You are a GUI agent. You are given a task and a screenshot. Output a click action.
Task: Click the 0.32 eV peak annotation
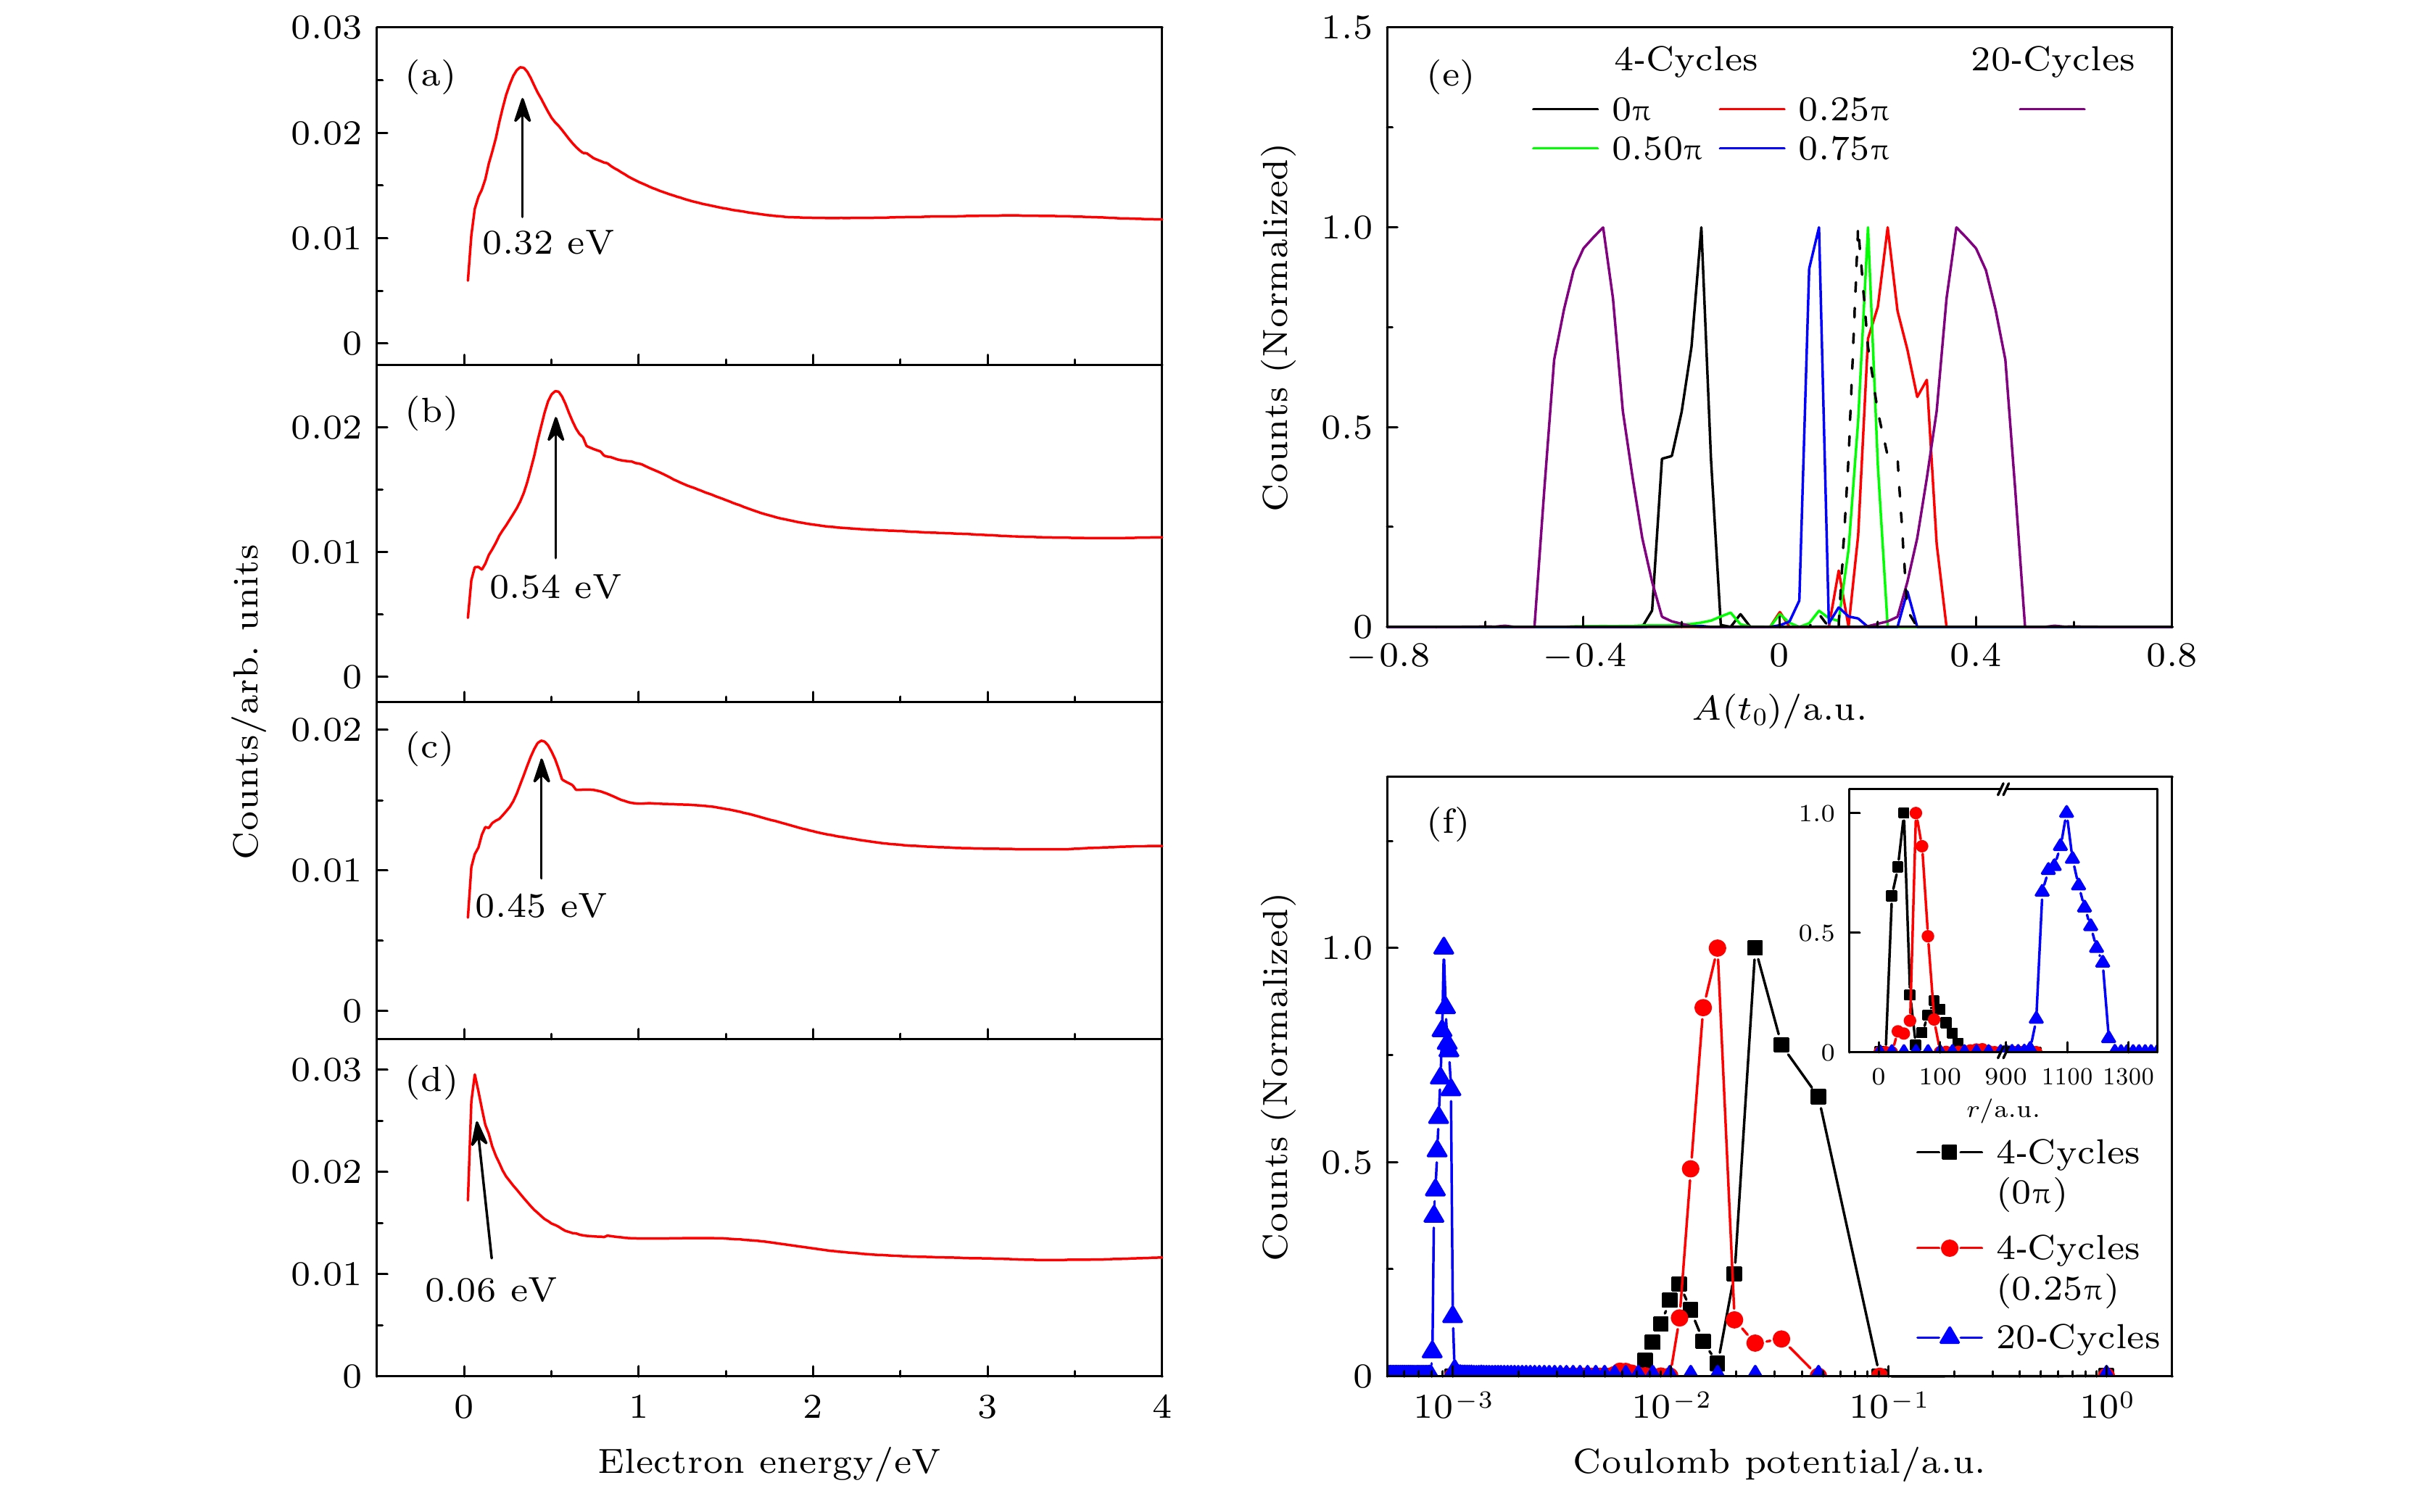click(x=547, y=243)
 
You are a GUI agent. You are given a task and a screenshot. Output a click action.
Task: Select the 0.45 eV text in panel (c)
click(x=540, y=906)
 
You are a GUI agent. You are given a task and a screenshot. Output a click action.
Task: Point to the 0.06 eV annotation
click(x=490, y=1289)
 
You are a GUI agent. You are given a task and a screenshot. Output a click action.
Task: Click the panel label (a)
click(x=430, y=76)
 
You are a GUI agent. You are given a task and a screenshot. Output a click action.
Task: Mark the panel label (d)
click(x=431, y=1081)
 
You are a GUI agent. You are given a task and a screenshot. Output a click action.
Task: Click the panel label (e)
click(x=1449, y=76)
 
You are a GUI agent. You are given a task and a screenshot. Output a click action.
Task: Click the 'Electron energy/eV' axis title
click(x=769, y=1461)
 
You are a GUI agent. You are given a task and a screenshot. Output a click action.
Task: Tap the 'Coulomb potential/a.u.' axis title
click(x=1778, y=1461)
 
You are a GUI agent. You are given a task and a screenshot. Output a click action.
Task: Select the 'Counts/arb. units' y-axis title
click(x=246, y=700)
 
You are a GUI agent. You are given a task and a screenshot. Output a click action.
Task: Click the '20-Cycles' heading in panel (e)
click(x=2052, y=60)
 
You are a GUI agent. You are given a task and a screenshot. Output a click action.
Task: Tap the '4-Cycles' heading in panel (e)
click(x=1686, y=60)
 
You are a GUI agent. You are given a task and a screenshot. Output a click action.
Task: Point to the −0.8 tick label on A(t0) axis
click(x=1388, y=656)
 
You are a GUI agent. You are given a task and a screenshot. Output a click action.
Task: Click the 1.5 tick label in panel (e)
click(x=1346, y=28)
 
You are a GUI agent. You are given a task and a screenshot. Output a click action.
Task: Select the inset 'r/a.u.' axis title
click(x=2002, y=1110)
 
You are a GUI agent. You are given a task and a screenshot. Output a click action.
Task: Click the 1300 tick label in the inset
click(x=2127, y=1077)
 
